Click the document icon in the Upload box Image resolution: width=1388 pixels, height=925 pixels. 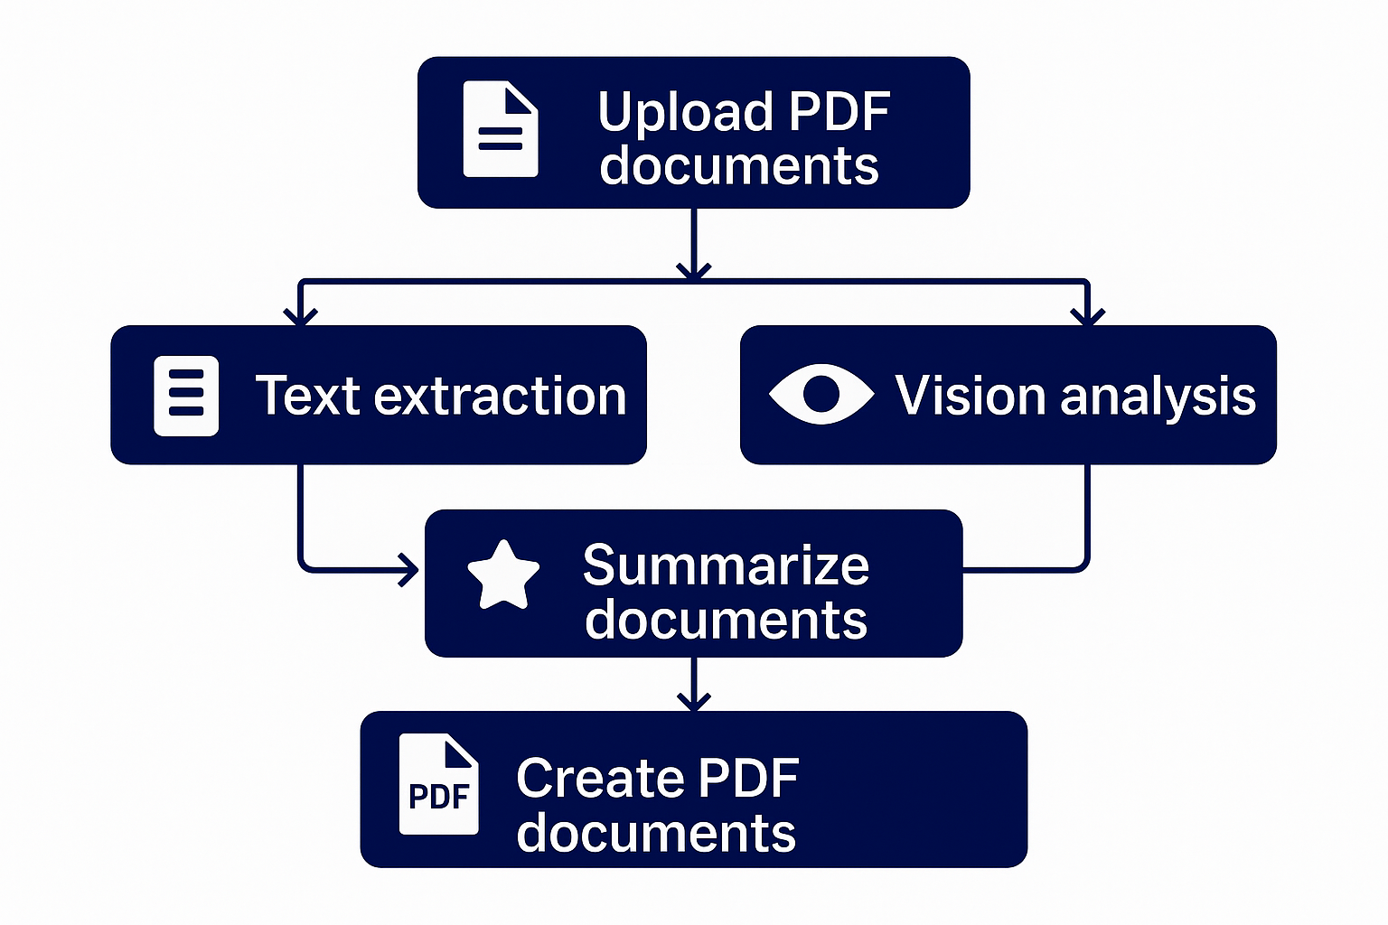(x=501, y=129)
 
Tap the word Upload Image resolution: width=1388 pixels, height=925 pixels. (x=686, y=113)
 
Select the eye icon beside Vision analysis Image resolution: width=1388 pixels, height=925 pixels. (x=821, y=394)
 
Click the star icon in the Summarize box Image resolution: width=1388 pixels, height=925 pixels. (x=503, y=575)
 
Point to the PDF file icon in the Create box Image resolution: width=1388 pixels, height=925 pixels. (x=439, y=785)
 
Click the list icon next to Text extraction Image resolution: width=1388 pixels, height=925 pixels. (x=186, y=396)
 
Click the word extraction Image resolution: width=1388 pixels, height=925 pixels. (x=500, y=397)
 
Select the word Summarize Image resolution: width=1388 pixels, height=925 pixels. (x=726, y=565)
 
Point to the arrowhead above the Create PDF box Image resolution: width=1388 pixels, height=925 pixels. (x=693, y=701)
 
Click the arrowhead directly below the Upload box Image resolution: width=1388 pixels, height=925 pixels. (x=693, y=269)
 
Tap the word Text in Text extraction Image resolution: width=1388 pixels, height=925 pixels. (x=307, y=397)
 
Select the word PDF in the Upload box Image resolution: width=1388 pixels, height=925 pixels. (x=839, y=113)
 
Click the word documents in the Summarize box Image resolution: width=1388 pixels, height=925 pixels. (x=726, y=621)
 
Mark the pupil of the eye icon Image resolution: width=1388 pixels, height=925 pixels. (x=821, y=394)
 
